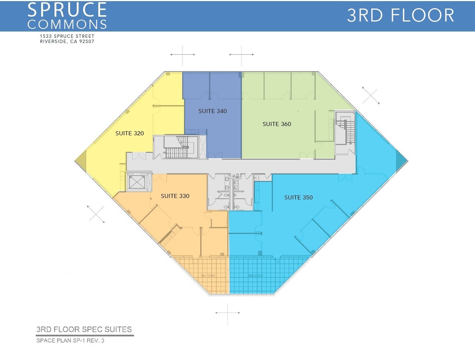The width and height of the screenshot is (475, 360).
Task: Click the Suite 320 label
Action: [x=129, y=133]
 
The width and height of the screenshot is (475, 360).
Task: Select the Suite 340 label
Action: [x=212, y=111]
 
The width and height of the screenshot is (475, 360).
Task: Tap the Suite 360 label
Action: [x=277, y=124]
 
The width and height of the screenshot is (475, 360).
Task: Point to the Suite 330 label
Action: [x=175, y=196]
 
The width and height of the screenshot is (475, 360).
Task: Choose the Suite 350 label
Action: [x=298, y=198]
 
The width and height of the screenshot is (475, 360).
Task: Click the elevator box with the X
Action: [x=137, y=182]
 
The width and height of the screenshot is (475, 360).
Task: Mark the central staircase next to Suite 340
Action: [x=177, y=147]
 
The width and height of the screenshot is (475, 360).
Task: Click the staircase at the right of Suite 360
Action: [x=346, y=132]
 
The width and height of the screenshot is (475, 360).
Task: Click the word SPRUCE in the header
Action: [x=67, y=10]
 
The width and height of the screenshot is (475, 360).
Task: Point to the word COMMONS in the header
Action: [x=67, y=24]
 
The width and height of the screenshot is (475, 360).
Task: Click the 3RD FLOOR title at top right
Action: [x=400, y=16]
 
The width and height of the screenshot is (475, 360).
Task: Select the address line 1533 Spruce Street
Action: [x=67, y=36]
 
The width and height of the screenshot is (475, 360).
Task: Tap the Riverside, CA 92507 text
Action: [x=67, y=42]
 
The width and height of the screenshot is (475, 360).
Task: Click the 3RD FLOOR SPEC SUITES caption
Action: [x=84, y=329]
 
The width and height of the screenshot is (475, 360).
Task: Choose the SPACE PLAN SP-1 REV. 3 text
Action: [x=70, y=340]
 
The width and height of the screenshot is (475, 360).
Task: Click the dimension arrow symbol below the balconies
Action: [x=228, y=313]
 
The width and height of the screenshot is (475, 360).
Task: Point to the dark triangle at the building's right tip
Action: [x=401, y=161]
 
